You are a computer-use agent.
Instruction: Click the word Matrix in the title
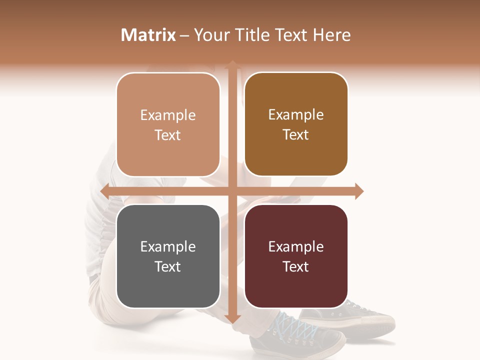[x=148, y=35]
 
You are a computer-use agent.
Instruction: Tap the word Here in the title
[x=331, y=35]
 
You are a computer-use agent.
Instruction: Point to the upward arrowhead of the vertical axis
[x=232, y=64]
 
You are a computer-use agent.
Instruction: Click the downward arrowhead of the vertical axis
[x=232, y=318]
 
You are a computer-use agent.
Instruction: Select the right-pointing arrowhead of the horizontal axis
[x=358, y=191]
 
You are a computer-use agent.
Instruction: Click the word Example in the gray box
[x=168, y=246]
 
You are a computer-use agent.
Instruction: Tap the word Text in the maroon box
[x=296, y=266]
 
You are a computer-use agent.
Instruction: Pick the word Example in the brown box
[x=296, y=114]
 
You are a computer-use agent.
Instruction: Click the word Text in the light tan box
[x=168, y=135]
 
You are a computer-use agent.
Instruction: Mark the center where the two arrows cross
[x=232, y=191]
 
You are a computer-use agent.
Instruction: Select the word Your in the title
[x=210, y=35]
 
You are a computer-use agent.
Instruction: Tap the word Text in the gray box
[x=168, y=266]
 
